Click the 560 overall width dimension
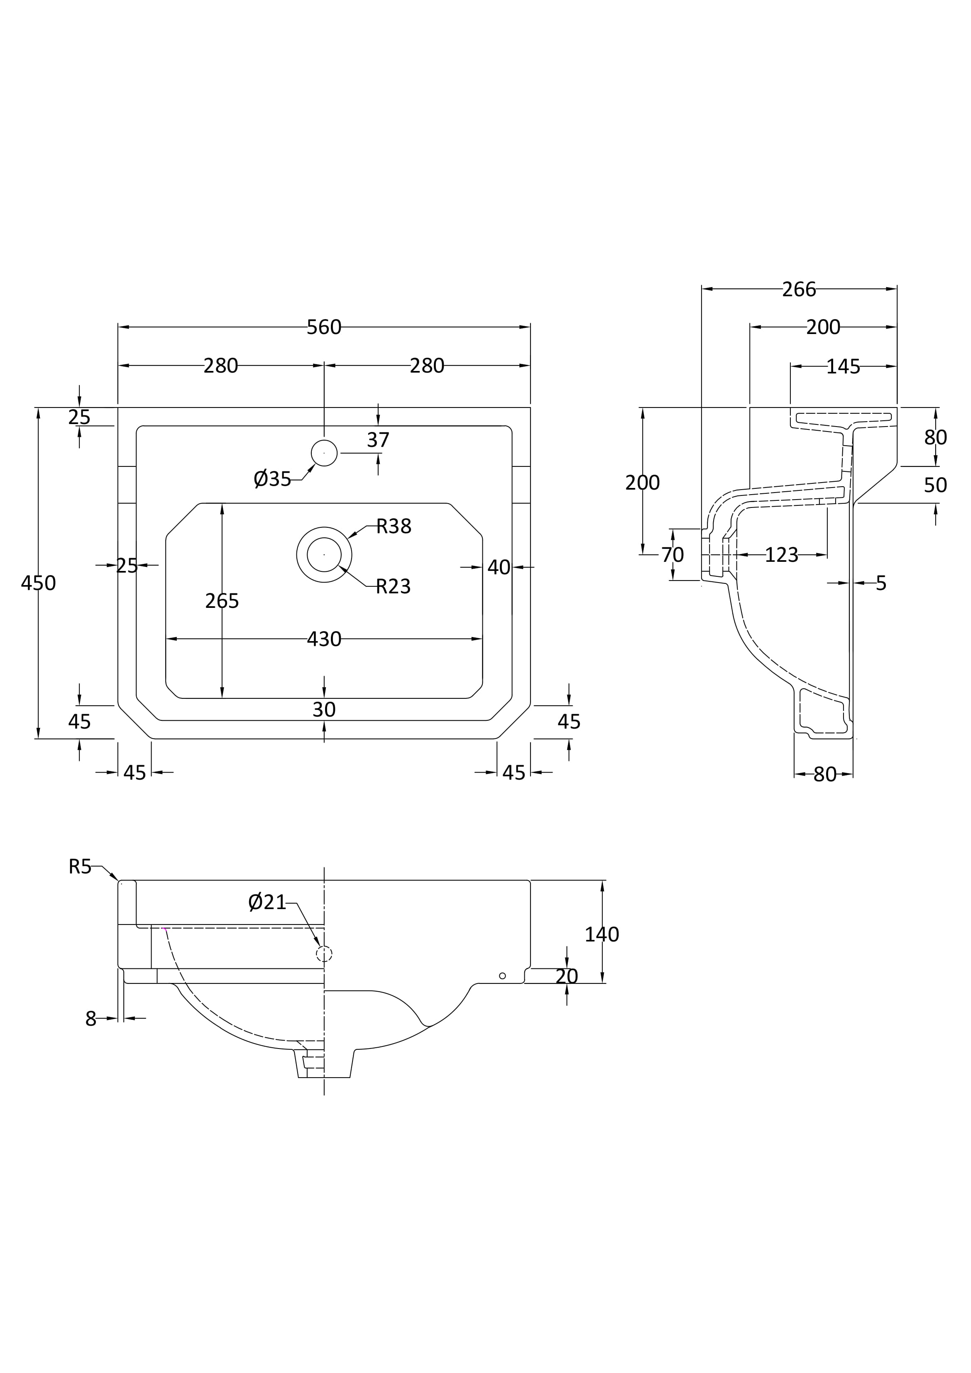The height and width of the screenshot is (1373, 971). [x=324, y=327]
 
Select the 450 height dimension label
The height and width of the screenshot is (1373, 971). [x=38, y=583]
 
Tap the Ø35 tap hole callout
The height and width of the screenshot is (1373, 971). [x=272, y=479]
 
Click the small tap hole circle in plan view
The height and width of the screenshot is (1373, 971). [x=324, y=453]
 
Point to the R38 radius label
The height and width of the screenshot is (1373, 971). [x=394, y=526]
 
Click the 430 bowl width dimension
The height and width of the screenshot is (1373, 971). [x=324, y=639]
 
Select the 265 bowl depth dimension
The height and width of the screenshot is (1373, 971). [x=222, y=601]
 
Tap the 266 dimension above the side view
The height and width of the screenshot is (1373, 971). [x=799, y=290]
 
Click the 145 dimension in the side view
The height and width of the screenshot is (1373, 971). [x=843, y=366]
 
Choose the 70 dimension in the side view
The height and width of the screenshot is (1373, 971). [x=673, y=555]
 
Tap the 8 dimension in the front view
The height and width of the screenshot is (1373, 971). [x=91, y=1018]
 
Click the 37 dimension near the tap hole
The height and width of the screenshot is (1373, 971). [x=378, y=440]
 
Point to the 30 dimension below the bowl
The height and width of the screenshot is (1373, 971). [x=324, y=710]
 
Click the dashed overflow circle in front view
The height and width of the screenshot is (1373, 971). [x=324, y=954]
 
